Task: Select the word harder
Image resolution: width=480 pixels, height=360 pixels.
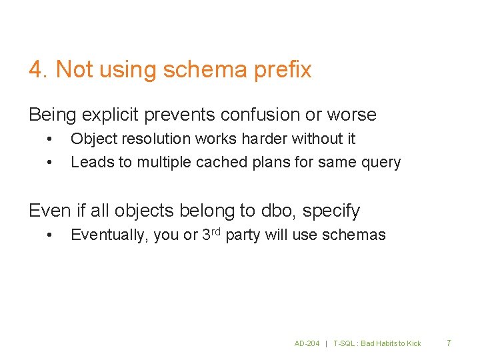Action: click(x=266, y=139)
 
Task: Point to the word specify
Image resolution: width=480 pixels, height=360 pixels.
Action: click(x=331, y=211)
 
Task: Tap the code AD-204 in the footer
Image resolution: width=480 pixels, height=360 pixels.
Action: click(x=307, y=343)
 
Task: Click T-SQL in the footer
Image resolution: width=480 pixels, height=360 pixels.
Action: click(x=346, y=343)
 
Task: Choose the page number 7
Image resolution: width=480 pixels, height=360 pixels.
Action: click(x=449, y=343)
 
